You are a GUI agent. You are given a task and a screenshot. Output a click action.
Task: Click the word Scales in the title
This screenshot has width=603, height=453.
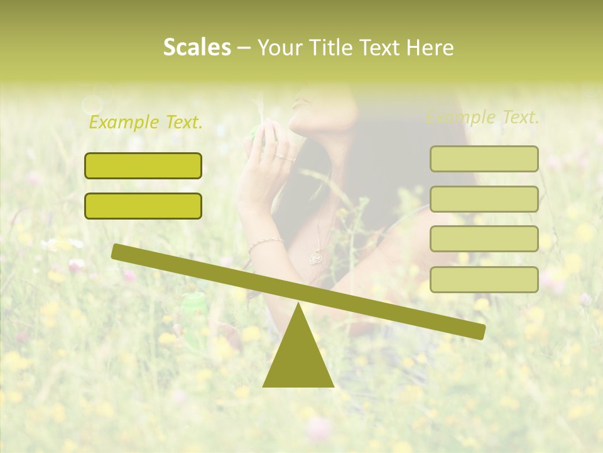pyautogui.click(x=197, y=47)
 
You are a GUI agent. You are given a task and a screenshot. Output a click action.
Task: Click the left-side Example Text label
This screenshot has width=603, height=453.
pyautogui.click(x=146, y=122)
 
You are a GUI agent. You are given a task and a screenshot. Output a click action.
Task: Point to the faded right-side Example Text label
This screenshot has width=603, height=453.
pyautogui.click(x=482, y=117)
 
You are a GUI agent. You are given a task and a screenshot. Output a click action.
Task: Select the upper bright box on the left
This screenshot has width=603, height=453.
pyautogui.click(x=143, y=166)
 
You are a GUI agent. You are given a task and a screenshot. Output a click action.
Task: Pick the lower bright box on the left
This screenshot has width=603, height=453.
pyautogui.click(x=143, y=206)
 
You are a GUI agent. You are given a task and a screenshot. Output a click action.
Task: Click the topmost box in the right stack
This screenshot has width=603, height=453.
pyautogui.click(x=484, y=159)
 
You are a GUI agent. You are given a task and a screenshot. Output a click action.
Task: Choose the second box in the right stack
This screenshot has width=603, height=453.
pyautogui.click(x=484, y=199)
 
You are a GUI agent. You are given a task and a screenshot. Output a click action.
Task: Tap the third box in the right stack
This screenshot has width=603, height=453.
pyautogui.click(x=484, y=239)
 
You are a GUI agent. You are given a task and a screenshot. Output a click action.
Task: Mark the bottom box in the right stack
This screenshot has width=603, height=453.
pyautogui.click(x=484, y=279)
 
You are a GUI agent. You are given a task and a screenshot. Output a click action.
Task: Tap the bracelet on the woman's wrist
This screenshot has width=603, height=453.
pyautogui.click(x=264, y=243)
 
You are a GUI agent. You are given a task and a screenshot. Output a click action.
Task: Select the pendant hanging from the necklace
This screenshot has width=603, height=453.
pyautogui.click(x=316, y=257)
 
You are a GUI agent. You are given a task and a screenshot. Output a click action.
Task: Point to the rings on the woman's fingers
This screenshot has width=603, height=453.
pyautogui.click(x=285, y=156)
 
